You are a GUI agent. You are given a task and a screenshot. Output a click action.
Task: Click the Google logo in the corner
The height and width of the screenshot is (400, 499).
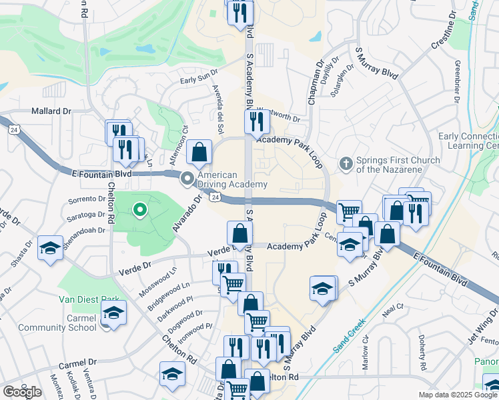22,391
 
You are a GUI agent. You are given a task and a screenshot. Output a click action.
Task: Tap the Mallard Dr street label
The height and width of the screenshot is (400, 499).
49,112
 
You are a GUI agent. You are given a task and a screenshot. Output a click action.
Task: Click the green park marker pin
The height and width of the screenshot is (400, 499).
139,211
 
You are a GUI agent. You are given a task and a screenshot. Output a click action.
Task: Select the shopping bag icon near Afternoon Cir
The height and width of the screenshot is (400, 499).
199,153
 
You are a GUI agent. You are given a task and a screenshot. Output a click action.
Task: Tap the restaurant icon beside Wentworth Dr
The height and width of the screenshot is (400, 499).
256,121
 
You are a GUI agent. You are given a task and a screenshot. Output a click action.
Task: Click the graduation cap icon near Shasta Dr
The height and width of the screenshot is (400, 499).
50,248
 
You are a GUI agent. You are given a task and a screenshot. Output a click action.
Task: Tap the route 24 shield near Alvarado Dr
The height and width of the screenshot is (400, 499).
215,197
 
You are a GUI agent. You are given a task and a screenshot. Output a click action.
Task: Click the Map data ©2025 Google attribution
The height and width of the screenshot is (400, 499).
458,395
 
